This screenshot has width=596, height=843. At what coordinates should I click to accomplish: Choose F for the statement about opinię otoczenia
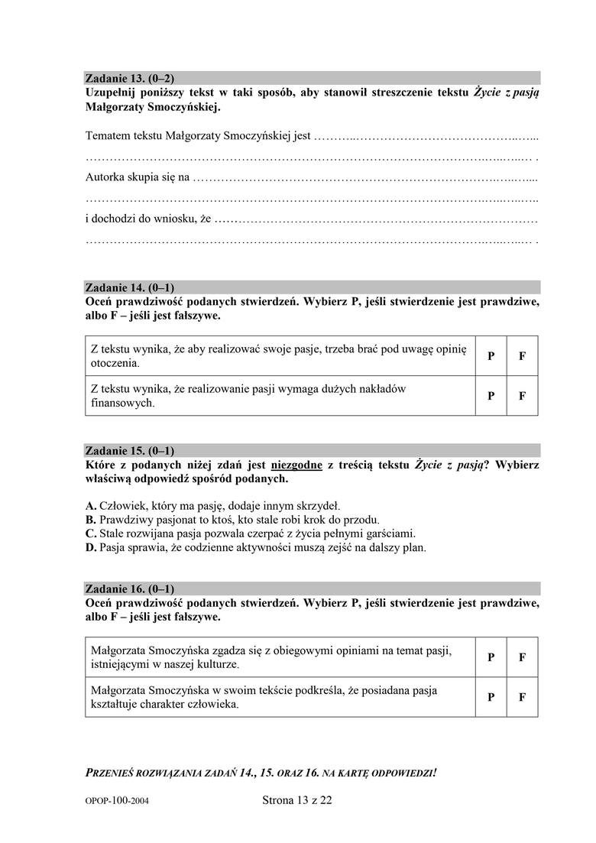[523, 356]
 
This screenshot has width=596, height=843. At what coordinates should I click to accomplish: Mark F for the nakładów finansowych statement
[523, 396]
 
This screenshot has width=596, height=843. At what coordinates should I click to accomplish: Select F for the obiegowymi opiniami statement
[523, 657]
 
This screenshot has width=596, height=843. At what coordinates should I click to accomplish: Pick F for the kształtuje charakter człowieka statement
[523, 697]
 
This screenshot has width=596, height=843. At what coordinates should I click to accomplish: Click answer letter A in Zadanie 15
[90, 506]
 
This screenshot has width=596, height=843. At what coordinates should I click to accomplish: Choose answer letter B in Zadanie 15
[90, 520]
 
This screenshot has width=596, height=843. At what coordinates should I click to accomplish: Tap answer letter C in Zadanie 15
[90, 533]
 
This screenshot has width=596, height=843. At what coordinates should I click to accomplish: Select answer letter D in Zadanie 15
[90, 547]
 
